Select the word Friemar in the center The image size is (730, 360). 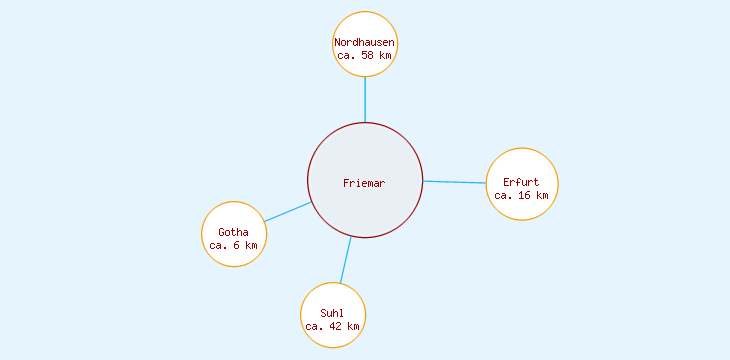364,183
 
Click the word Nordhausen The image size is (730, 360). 365,43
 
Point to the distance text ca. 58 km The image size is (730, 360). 365,56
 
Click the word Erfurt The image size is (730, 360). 521,182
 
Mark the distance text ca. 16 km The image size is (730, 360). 521,195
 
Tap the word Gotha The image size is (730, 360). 233,232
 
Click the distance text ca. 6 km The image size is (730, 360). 233,245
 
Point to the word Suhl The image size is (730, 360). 333,313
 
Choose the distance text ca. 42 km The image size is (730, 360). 333,326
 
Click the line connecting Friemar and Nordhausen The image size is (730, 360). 365,100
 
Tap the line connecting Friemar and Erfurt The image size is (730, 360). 455,182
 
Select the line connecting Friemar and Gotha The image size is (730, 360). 288,212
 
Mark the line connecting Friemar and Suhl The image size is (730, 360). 345,260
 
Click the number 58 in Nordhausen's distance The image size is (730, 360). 370,56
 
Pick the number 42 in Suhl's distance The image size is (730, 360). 338,326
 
